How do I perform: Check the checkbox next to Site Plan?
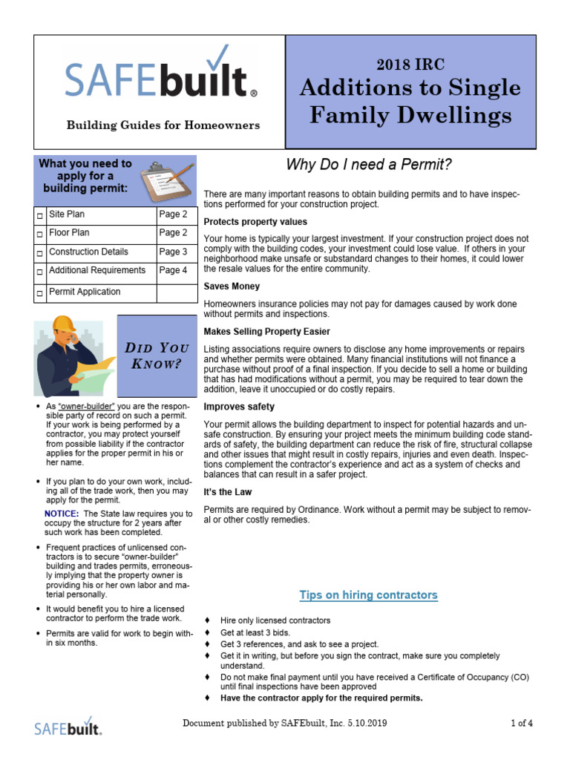pos(40,216)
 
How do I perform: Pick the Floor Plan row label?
pos(70,233)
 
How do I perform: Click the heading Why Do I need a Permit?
pos(369,165)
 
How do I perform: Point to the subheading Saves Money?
pos(232,286)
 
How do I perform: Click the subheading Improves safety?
pos(239,407)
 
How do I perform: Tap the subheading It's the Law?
pos(228,492)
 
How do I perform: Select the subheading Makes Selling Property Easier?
pos(267,332)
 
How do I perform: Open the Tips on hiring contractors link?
pos(368,595)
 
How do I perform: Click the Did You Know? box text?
pos(157,356)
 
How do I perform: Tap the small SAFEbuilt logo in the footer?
pos(68,725)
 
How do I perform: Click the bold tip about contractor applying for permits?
pos(321,698)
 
